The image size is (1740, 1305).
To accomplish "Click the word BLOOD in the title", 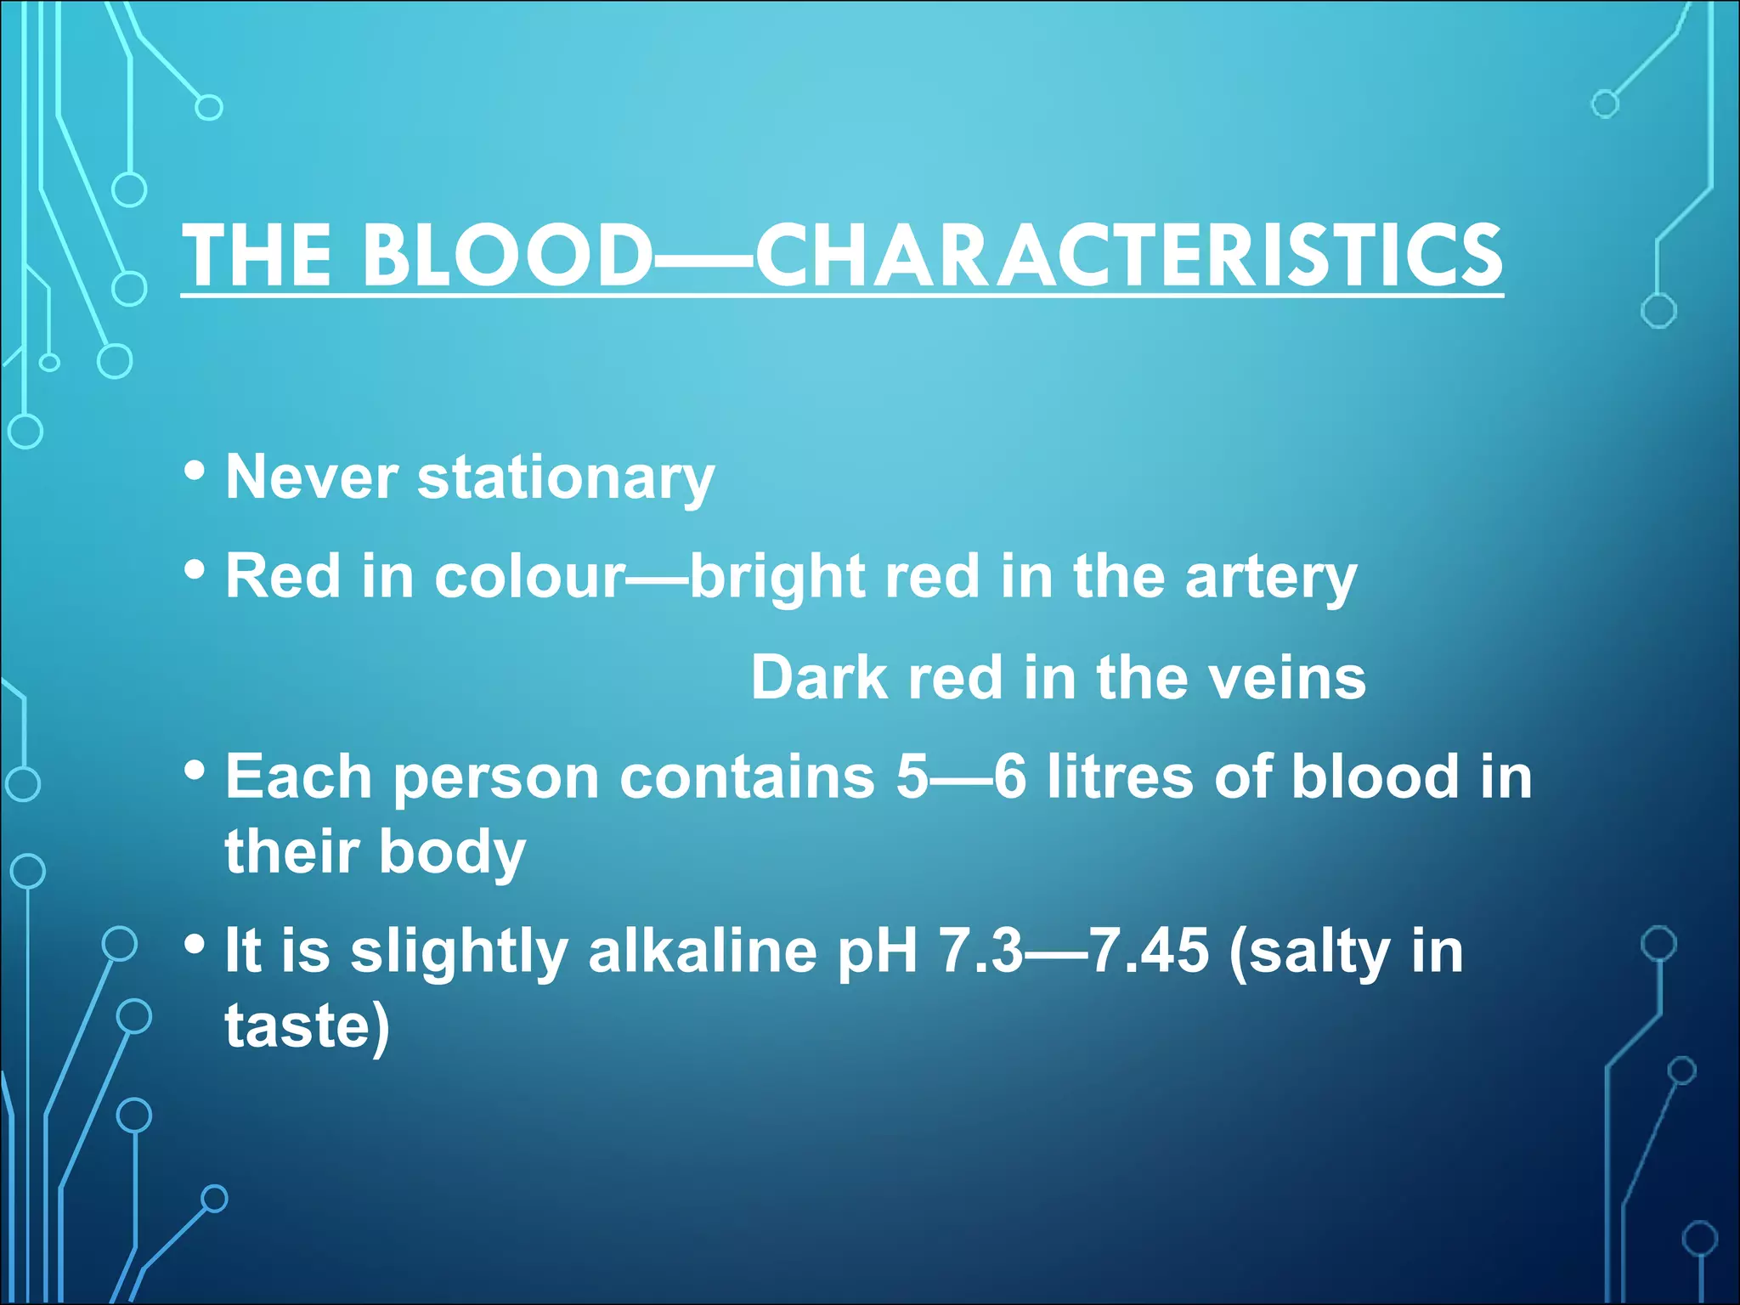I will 506,255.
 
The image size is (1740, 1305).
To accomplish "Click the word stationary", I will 565,478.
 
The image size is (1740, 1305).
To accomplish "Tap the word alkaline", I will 702,951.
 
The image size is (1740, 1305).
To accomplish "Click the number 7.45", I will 1148,951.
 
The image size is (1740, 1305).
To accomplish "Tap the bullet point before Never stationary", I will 195,470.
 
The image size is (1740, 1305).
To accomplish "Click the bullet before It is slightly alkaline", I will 195,944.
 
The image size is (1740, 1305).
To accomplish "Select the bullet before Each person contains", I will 195,771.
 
